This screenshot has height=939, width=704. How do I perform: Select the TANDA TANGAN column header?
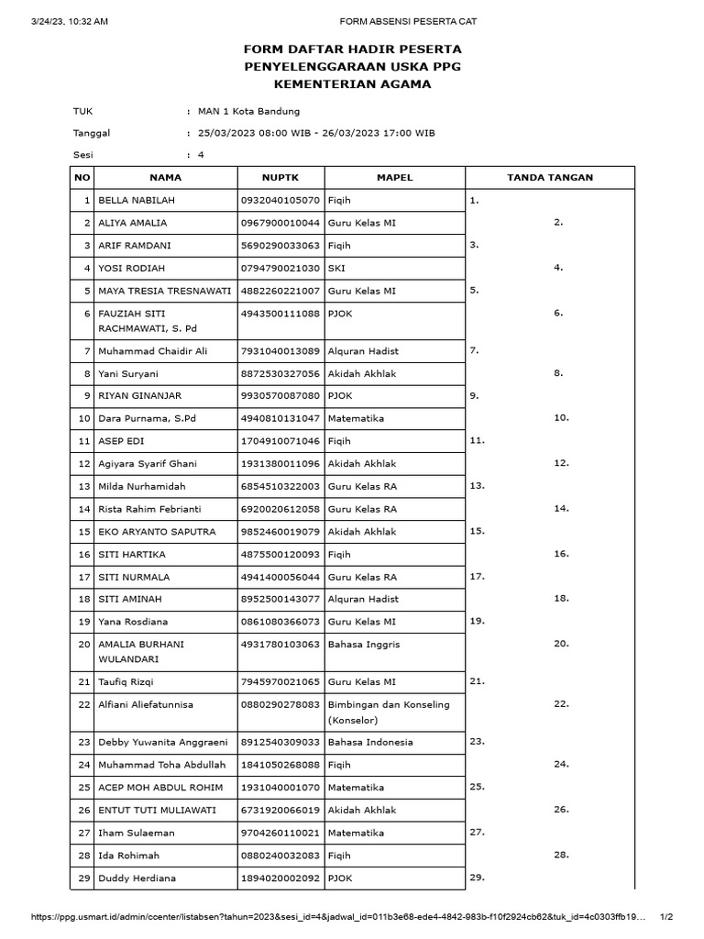[550, 177]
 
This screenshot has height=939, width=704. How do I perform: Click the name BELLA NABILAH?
[137, 200]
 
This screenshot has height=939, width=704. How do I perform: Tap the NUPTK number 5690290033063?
[280, 246]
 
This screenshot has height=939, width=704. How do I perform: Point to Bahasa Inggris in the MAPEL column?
[364, 645]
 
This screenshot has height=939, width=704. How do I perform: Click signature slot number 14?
[562, 508]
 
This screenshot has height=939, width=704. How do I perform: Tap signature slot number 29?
[477, 878]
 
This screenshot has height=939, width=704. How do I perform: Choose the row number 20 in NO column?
[83, 645]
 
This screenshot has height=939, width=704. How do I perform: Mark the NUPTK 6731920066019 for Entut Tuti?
[280, 811]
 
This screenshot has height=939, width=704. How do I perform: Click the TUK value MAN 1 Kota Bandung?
[248, 112]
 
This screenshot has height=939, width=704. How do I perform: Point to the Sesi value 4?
[201, 155]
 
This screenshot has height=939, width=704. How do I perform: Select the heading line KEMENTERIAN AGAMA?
[353, 84]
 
